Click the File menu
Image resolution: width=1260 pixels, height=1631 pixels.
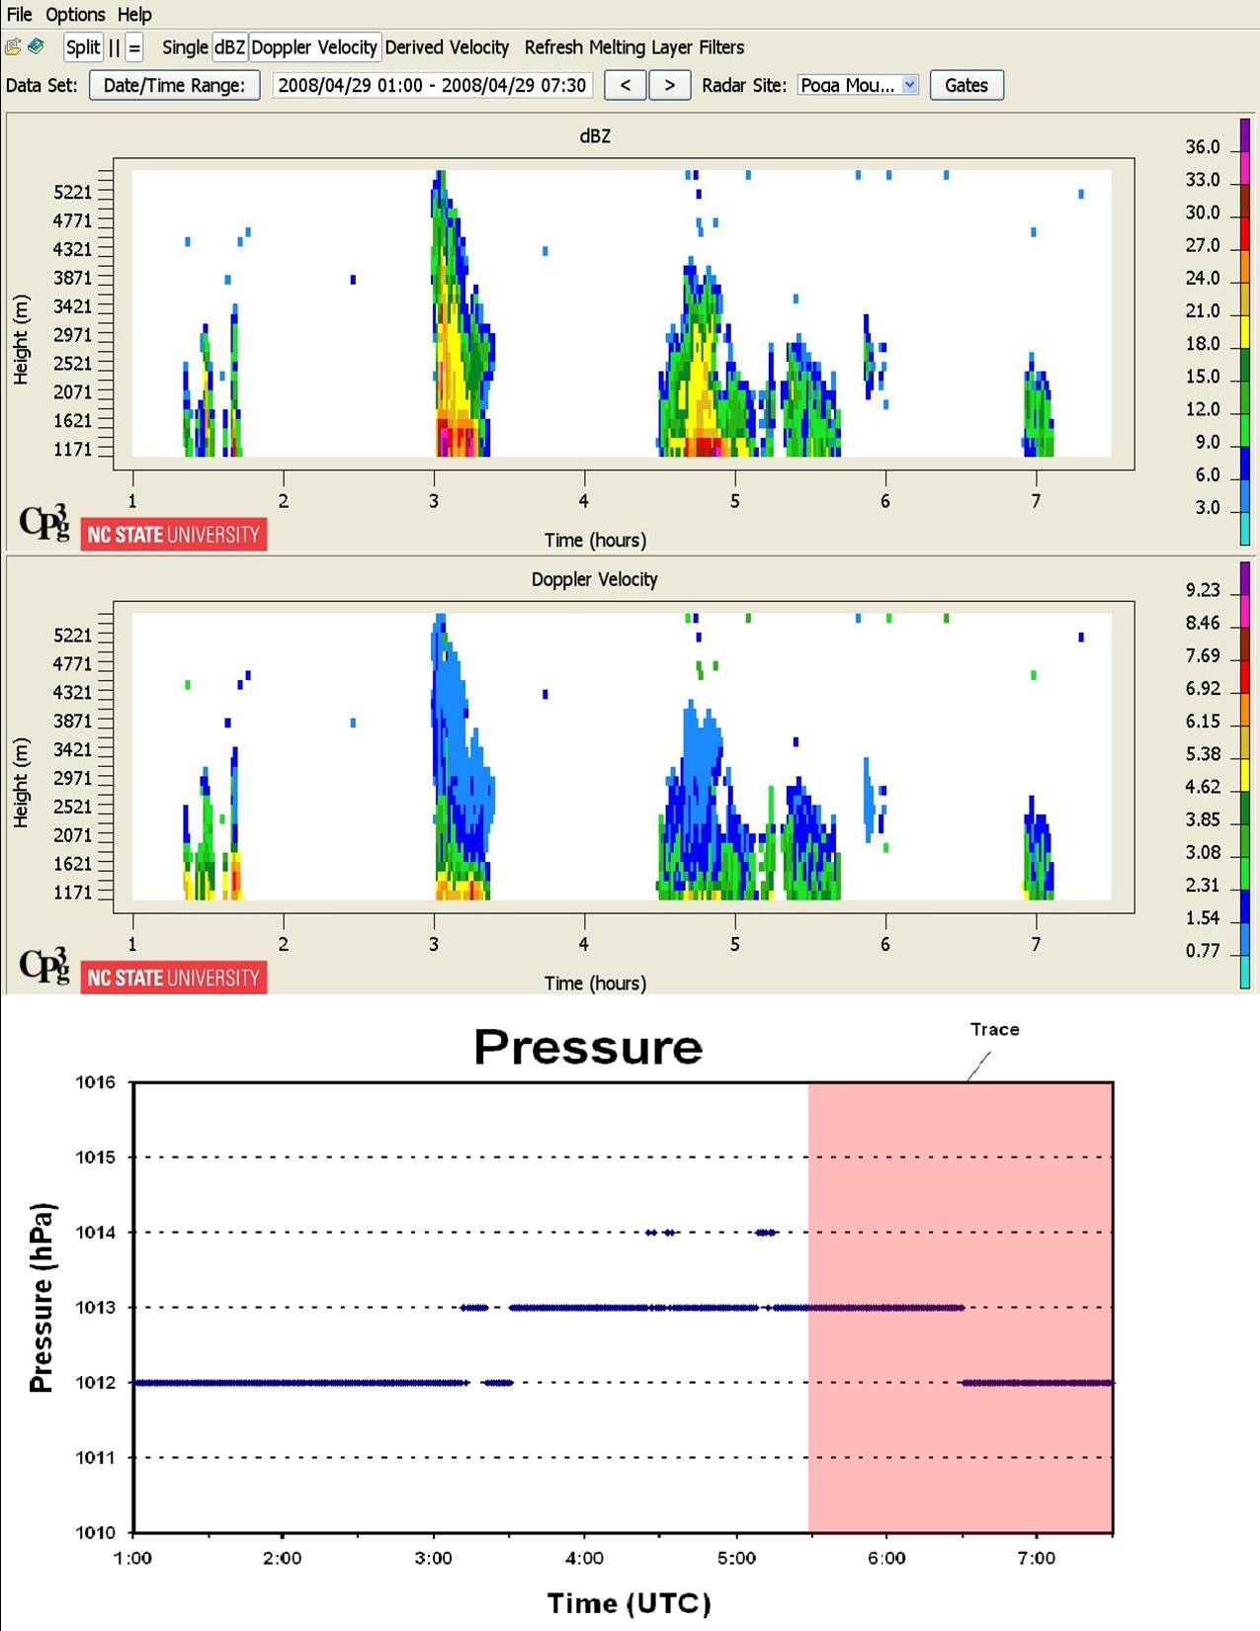[19, 14]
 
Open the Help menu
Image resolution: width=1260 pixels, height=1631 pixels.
[134, 14]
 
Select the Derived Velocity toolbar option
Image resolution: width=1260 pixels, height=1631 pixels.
[447, 47]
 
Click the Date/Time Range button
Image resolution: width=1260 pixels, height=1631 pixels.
[174, 85]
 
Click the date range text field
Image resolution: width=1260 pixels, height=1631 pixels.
[432, 85]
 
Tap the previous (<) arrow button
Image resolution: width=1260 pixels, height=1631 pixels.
[626, 85]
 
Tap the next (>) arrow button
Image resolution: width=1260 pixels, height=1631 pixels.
[669, 85]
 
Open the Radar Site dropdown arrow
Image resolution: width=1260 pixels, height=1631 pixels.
[909, 84]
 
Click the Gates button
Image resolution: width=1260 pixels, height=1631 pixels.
[966, 85]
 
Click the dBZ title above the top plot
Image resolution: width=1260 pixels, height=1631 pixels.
[595, 135]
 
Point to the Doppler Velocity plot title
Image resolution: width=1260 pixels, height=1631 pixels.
[594, 578]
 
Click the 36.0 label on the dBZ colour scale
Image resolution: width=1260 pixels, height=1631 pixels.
[1203, 147]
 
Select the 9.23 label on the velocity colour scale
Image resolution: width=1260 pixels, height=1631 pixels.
[1203, 590]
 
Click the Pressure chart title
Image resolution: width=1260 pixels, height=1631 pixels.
[588, 1046]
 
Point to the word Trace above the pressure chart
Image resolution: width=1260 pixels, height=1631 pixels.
[994, 1029]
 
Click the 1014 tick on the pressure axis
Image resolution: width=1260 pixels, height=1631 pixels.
[95, 1232]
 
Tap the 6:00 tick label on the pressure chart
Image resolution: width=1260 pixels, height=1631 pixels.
[886, 1558]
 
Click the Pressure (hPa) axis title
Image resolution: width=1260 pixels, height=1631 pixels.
[42, 1298]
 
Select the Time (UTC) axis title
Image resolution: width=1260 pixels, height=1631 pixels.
[629, 1602]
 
